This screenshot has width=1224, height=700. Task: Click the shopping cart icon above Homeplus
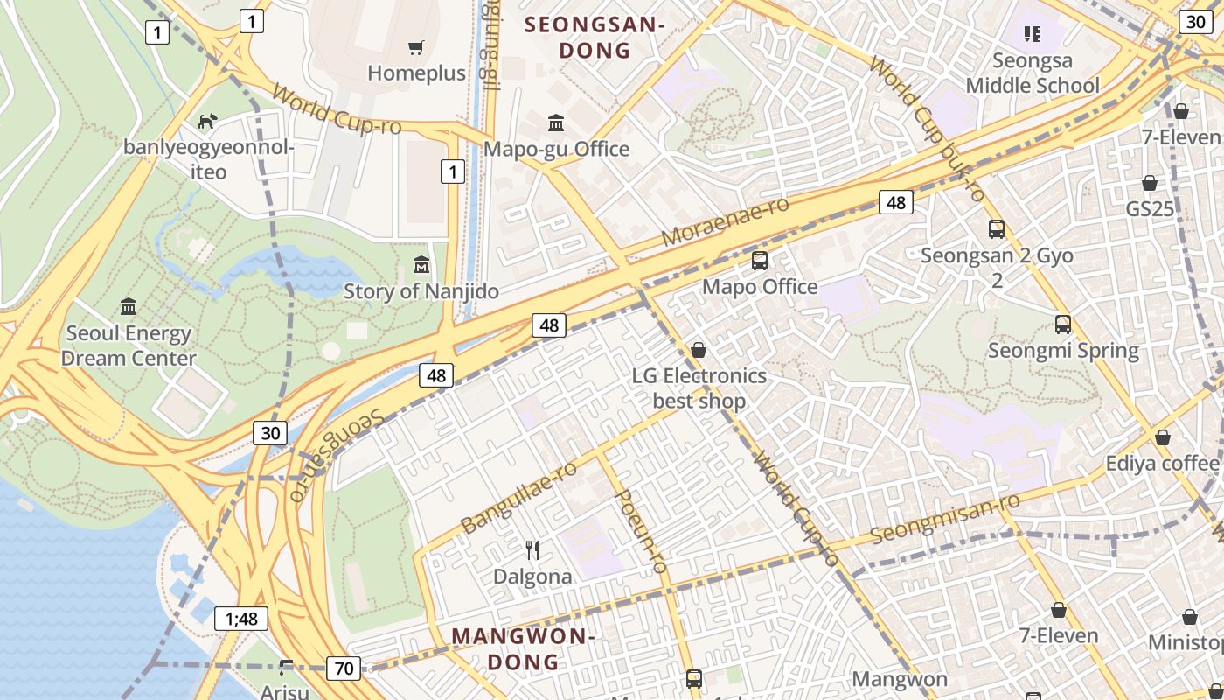pyautogui.click(x=416, y=47)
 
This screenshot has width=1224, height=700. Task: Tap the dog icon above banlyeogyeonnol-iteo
pyautogui.click(x=208, y=121)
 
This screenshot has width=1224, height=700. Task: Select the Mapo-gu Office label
pyautogui.click(x=556, y=149)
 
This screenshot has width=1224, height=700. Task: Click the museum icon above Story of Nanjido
pyautogui.click(x=421, y=264)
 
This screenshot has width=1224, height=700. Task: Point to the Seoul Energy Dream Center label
pyautogui.click(x=129, y=346)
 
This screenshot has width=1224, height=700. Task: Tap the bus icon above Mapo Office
pyautogui.click(x=760, y=260)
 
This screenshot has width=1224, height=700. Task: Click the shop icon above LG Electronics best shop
pyautogui.click(x=699, y=350)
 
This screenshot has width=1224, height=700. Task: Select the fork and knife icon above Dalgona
pyautogui.click(x=532, y=549)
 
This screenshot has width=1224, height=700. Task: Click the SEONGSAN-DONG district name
pyautogui.click(x=595, y=38)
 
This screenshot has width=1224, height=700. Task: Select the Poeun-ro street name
pyautogui.click(x=643, y=532)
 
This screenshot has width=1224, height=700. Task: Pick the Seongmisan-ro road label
pyautogui.click(x=946, y=517)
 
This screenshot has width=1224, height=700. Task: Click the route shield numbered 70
pyautogui.click(x=344, y=668)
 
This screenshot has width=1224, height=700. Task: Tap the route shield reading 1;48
pyautogui.click(x=241, y=619)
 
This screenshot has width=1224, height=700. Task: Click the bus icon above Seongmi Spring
pyautogui.click(x=1063, y=325)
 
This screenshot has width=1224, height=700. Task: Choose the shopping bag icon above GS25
pyautogui.click(x=1150, y=183)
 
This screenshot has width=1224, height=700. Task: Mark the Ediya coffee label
pyautogui.click(x=1162, y=463)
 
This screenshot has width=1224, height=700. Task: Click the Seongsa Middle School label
pyautogui.click(x=1033, y=73)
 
